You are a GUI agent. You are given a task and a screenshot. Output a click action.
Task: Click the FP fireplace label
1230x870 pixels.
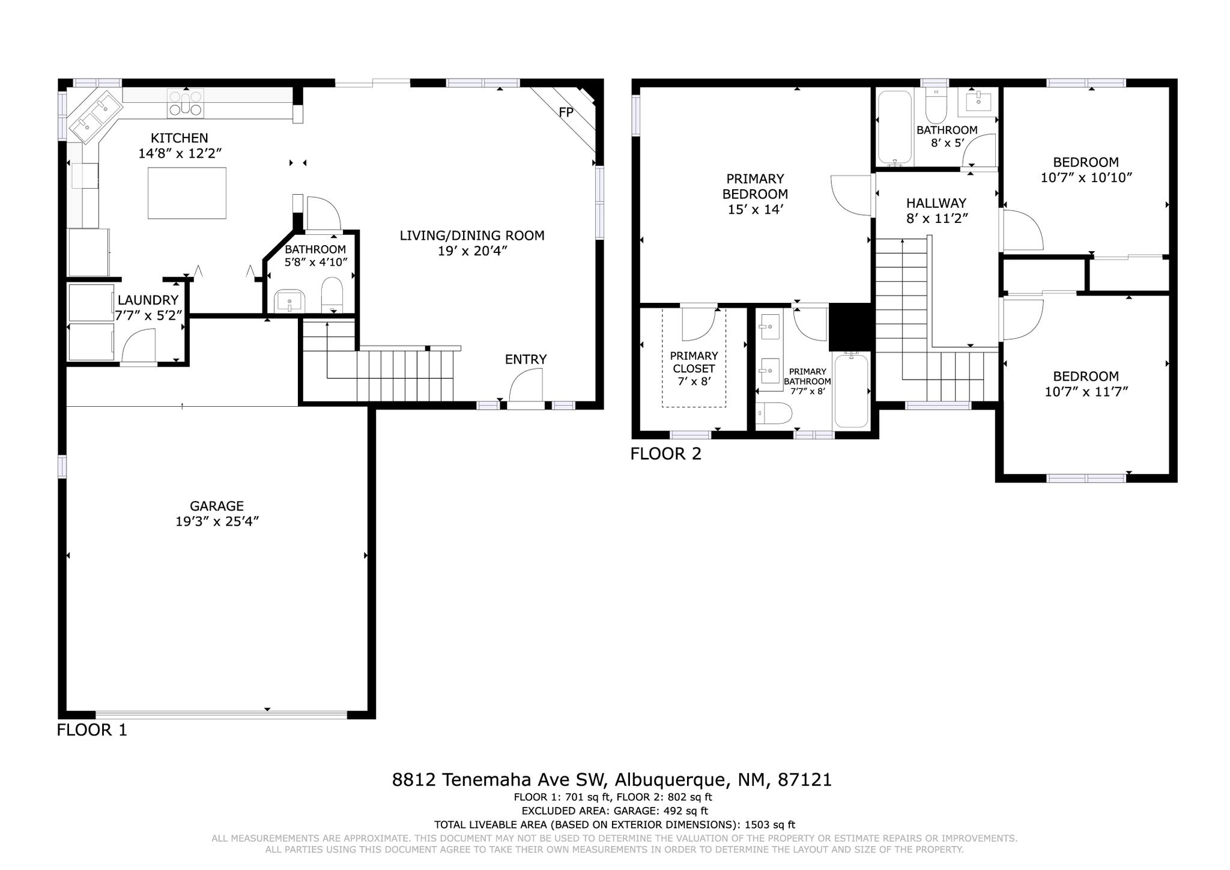566,112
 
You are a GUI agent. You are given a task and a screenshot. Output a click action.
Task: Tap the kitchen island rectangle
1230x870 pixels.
187,193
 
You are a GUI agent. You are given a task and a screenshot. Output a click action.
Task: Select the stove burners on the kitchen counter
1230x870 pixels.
186,102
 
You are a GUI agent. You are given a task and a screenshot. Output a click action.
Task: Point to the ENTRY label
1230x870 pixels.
526,359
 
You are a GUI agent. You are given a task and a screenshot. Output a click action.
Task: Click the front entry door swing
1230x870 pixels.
526,385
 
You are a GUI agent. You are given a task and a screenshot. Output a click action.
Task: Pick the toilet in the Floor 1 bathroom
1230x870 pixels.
332,295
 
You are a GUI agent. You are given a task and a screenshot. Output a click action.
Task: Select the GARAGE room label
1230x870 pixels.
217,506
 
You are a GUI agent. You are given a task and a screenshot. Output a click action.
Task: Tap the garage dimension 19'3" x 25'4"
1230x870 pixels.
217,522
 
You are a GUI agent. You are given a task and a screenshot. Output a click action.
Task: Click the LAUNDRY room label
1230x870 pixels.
148,300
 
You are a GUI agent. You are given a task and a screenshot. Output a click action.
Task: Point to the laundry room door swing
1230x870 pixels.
139,346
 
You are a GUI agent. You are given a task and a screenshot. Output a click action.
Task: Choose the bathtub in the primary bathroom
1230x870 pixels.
851,391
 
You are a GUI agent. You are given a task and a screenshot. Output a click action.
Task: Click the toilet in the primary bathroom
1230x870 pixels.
774,413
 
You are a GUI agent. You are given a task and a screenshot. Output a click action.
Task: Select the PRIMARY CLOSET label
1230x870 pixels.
694,362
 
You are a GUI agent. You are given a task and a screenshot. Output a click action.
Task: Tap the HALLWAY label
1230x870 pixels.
936,203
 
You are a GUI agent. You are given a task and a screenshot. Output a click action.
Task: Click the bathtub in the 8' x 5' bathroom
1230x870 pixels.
895,128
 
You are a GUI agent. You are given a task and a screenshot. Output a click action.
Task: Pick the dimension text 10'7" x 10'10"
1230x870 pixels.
1086,178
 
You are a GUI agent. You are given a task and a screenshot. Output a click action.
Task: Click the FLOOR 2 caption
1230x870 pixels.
665,454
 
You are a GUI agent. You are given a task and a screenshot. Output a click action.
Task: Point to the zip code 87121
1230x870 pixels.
805,780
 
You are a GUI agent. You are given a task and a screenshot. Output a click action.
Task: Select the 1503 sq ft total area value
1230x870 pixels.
770,825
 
